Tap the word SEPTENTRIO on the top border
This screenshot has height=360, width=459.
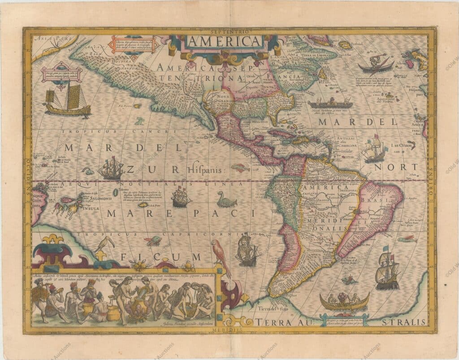[x=229, y=31]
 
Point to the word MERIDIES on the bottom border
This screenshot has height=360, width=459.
[x=229, y=330]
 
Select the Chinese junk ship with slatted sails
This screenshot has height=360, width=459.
[x=67, y=101]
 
